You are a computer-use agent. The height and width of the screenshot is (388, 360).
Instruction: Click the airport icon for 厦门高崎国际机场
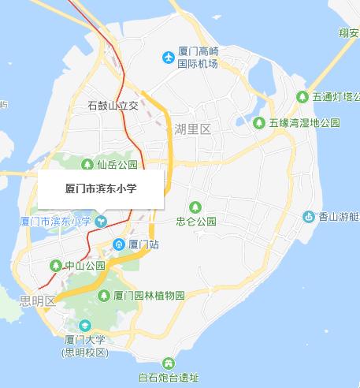click(x=167, y=57)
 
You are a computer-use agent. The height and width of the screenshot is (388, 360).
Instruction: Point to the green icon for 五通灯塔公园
click(x=302, y=97)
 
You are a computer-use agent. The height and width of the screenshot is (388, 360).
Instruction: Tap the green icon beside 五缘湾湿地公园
click(x=259, y=122)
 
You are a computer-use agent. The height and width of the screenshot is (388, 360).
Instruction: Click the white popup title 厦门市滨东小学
click(x=100, y=188)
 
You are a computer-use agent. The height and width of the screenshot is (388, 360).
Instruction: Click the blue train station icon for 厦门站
click(x=118, y=244)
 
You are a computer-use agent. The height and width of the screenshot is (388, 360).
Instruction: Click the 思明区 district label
click(x=39, y=300)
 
